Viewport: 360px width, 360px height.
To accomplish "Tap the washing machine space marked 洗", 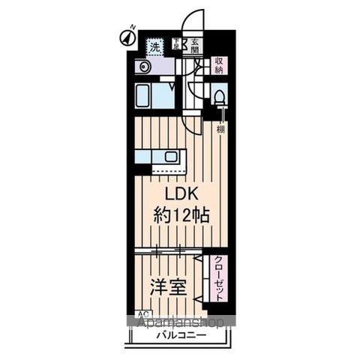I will click(x=154, y=46).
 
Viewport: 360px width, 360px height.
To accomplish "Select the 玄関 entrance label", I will click(x=194, y=46).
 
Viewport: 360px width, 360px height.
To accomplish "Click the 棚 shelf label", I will click(x=220, y=128).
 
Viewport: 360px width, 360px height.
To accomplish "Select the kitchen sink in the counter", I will click(x=172, y=157).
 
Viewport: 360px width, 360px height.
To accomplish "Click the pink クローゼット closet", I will click(x=217, y=277).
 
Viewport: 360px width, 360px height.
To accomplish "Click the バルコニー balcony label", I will click(x=177, y=336).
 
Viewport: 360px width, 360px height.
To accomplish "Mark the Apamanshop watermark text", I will click(x=180, y=323).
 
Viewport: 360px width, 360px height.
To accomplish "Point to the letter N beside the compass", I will click(x=132, y=28).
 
